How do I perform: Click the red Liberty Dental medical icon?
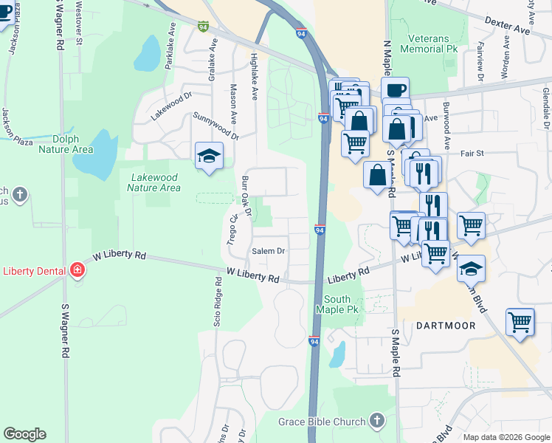pyautogui.click(x=77, y=271)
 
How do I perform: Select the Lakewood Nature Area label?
pyautogui.click(x=153, y=182)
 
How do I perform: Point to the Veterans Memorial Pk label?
pyautogui.click(x=429, y=43)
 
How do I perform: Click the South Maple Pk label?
pyautogui.click(x=341, y=304)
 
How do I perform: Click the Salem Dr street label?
pyautogui.click(x=269, y=251)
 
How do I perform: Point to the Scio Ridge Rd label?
pyautogui.click(x=218, y=302)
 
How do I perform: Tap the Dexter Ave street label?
pyautogui.click(x=508, y=27)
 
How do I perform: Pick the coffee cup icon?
pyautogui.click(x=396, y=90)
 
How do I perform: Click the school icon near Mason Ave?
pyautogui.click(x=210, y=156)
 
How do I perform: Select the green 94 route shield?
pyautogui.click(x=203, y=26)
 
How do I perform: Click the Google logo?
pyautogui.click(x=24, y=434)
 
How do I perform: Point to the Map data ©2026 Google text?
pyautogui.click(x=506, y=437)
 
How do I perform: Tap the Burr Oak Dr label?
pyautogui.click(x=246, y=196)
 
